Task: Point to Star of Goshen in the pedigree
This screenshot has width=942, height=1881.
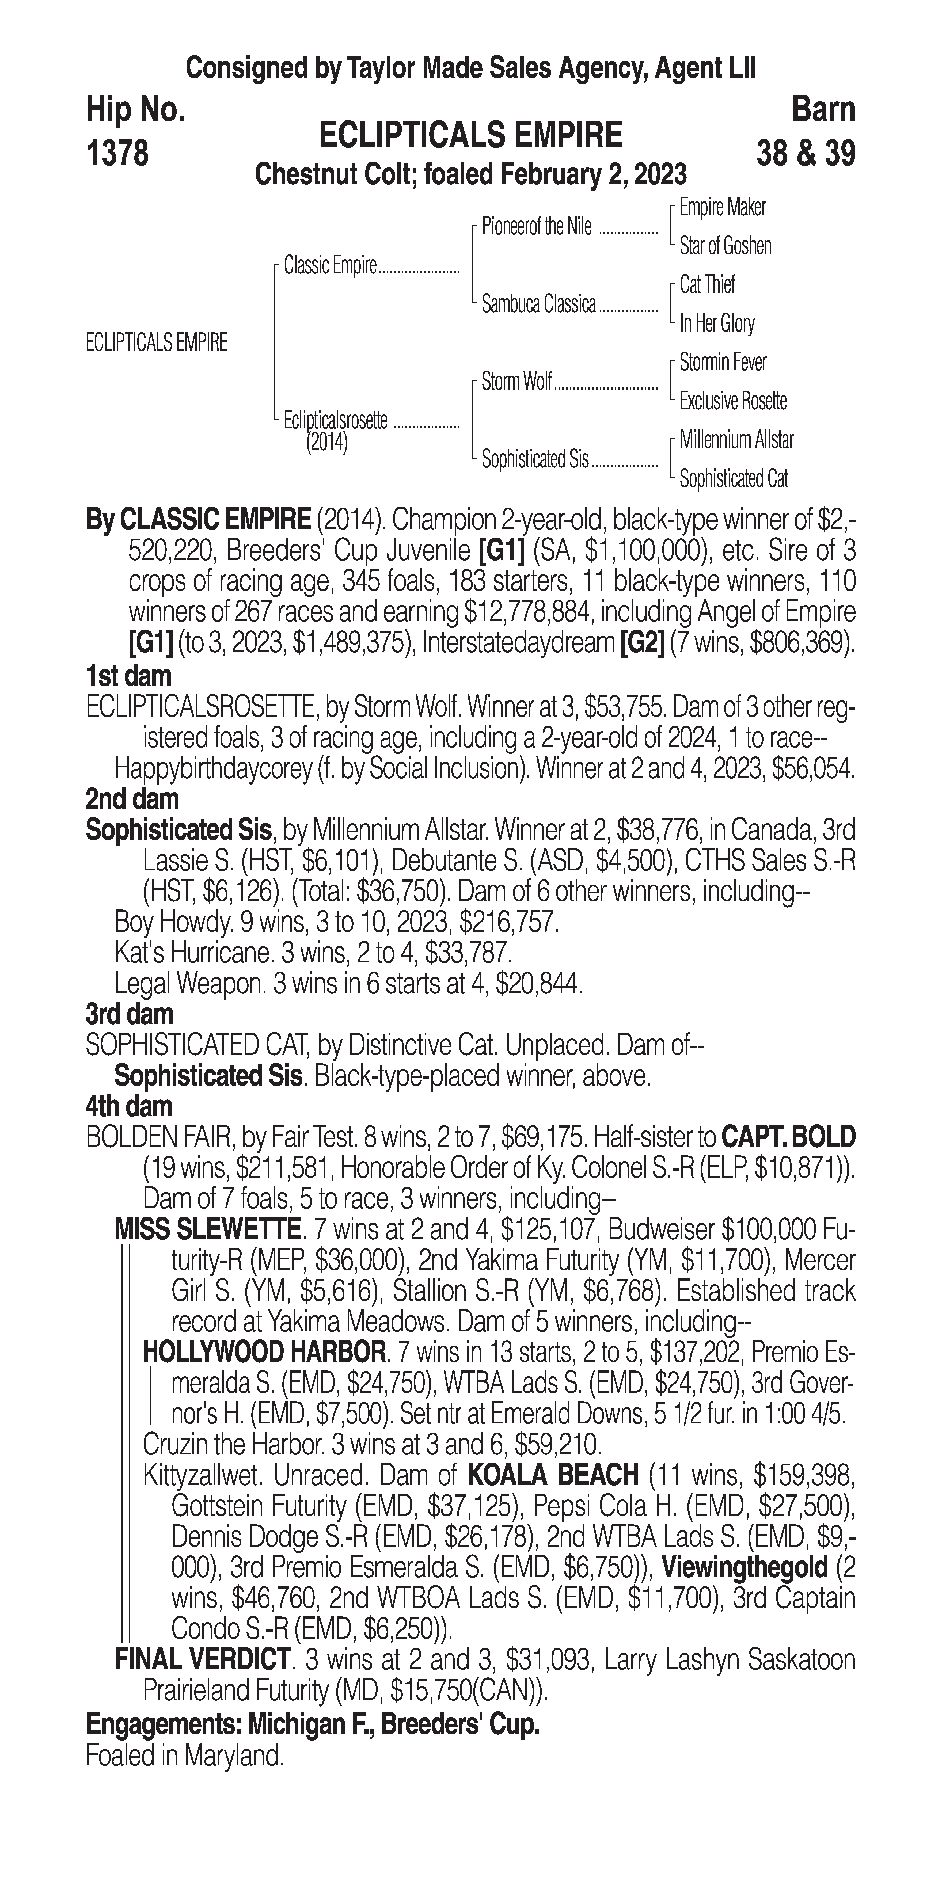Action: tap(725, 246)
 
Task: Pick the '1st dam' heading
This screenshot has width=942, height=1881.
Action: tap(128, 676)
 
